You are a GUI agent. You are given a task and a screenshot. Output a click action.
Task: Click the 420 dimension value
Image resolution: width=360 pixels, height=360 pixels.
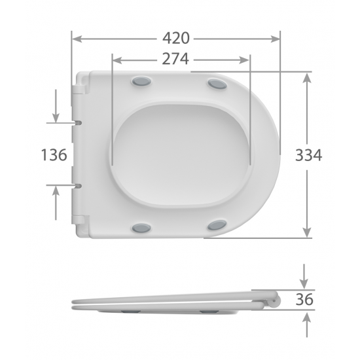tap(175, 39)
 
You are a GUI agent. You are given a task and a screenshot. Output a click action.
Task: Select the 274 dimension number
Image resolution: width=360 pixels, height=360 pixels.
tap(175, 60)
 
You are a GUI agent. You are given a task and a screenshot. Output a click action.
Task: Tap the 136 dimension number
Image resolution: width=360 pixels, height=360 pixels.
tap(54, 155)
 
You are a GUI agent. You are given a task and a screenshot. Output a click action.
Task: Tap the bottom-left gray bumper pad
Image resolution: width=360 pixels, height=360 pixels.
tap(141, 228)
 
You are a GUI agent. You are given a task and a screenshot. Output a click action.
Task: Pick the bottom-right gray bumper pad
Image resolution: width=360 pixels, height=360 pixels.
tap(217, 226)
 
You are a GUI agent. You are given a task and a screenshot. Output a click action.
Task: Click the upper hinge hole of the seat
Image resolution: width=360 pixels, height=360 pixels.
tap(79, 122)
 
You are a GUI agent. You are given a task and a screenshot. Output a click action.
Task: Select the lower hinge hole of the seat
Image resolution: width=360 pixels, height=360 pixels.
tap(79, 186)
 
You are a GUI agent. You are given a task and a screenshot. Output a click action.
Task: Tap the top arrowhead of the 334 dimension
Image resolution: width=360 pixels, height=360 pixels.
tap(307, 77)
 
